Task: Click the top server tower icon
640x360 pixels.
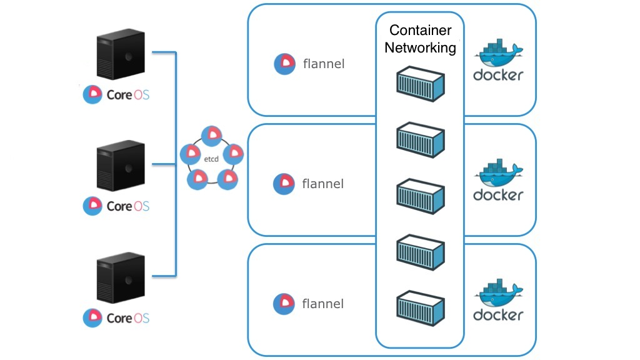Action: point(121,57)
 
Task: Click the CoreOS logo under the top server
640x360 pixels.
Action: point(92,95)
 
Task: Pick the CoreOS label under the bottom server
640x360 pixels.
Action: point(127,318)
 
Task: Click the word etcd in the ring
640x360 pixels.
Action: point(211,160)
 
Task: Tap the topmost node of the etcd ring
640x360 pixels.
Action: point(212,134)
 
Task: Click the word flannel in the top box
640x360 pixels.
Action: point(323,64)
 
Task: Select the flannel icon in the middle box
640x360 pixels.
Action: point(284,184)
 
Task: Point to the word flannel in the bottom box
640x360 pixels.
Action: point(322,304)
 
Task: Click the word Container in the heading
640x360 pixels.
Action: point(420,30)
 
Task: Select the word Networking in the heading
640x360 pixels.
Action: point(420,47)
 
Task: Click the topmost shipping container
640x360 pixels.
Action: point(420,84)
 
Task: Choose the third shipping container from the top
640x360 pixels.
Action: point(420,195)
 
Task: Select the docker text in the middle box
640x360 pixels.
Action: point(498,195)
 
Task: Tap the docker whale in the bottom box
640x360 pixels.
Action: point(498,295)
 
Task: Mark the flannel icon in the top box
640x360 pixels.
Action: point(285,64)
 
